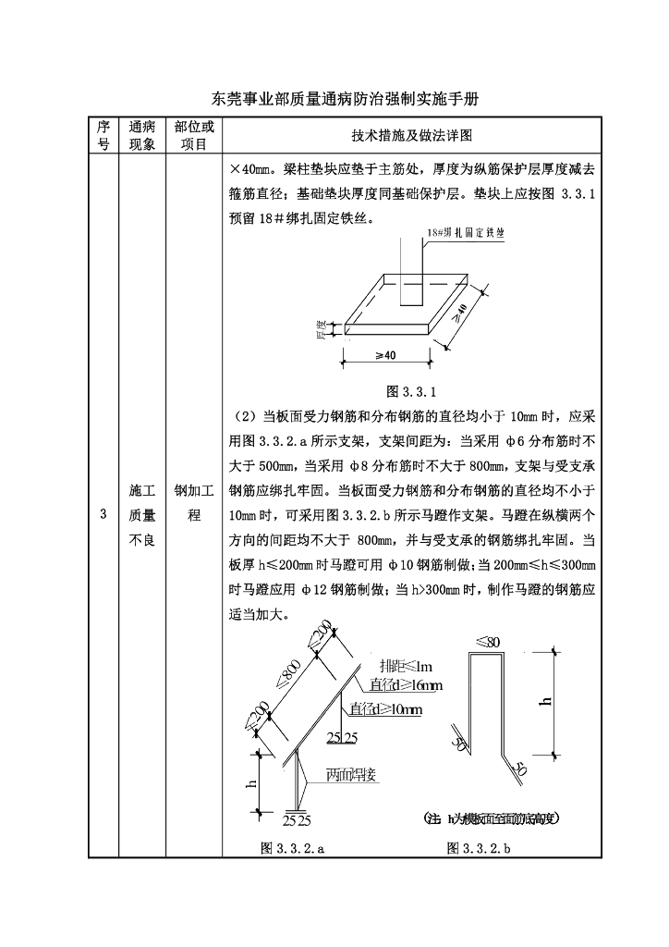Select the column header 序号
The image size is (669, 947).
[x=103, y=135]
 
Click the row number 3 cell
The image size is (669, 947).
[x=103, y=515]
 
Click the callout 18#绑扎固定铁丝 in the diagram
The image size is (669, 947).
[x=467, y=237]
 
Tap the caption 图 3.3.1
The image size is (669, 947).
[x=410, y=389]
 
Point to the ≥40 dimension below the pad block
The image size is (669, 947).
[x=386, y=355]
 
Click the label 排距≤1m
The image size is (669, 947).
[x=406, y=667]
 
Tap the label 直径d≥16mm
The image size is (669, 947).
[x=406, y=685]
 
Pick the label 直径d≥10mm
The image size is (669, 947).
[x=385, y=709]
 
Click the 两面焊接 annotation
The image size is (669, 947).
[x=351, y=776]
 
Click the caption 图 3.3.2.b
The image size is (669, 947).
[x=479, y=847]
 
